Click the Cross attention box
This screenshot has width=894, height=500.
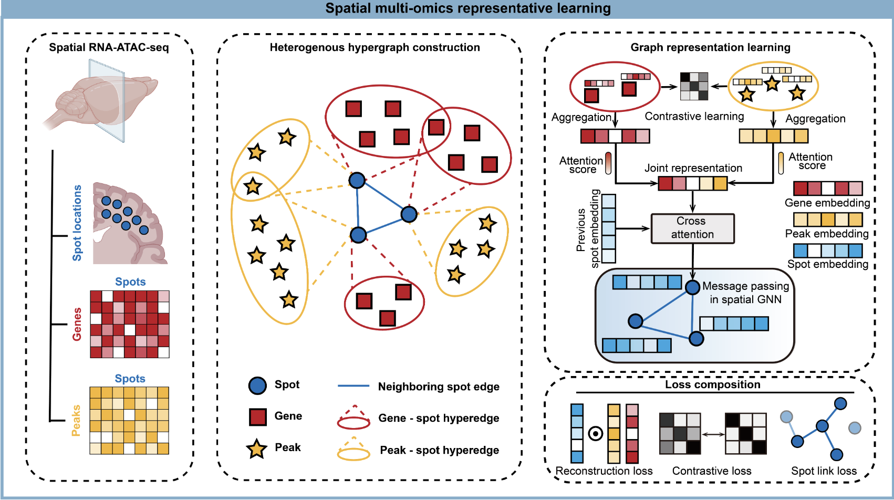pos(692,228)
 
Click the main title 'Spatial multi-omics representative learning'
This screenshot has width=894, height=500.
pos(467,8)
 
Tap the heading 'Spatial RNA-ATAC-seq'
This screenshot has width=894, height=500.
pos(109,47)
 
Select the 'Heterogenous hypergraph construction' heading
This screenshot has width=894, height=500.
pos(375,47)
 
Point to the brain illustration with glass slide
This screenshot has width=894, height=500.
pos(102,100)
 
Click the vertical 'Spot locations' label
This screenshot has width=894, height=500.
pos(77,223)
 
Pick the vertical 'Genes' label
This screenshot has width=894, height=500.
pos(77,324)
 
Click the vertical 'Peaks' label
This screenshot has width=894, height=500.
pos(76,420)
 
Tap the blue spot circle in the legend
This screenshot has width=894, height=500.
pos(257,386)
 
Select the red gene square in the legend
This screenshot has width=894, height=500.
pos(258,417)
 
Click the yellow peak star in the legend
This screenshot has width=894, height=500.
pos(257,449)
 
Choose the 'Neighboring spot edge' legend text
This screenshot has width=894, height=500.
pos(439,387)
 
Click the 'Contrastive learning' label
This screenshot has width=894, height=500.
pos(694,116)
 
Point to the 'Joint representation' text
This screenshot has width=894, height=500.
pos(693,168)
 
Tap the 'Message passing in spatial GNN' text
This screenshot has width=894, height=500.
pos(745,293)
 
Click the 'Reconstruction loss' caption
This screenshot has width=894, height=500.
pos(604,471)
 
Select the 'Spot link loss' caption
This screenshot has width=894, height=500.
pos(824,471)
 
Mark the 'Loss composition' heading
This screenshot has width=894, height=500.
pos(712,384)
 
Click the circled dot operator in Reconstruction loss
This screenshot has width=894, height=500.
pos(596,434)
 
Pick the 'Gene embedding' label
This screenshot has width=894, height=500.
pos(827,203)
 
